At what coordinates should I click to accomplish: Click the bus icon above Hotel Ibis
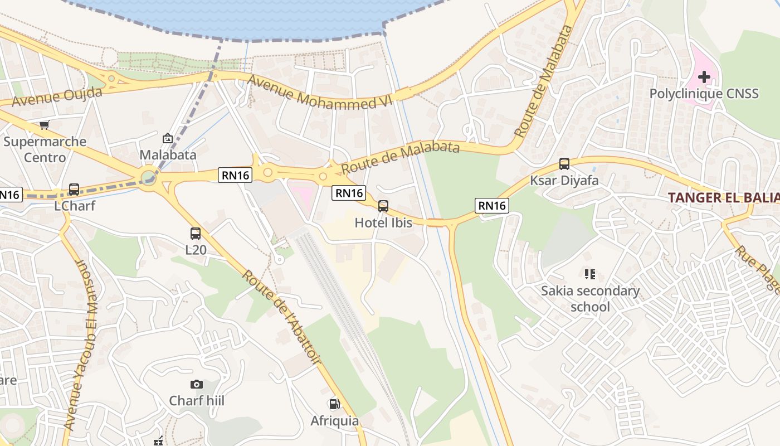click(383, 206)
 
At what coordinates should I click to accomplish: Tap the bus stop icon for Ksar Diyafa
click(564, 164)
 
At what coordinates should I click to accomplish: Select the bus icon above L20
click(196, 234)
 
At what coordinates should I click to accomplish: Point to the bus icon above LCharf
click(74, 190)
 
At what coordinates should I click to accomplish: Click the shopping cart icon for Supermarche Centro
click(45, 125)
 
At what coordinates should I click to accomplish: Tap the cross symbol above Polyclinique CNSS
click(704, 76)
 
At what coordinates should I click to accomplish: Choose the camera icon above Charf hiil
click(196, 384)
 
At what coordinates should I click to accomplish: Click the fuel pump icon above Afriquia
click(334, 404)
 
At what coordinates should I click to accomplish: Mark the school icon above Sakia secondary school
click(590, 274)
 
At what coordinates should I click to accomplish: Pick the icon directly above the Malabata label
click(168, 138)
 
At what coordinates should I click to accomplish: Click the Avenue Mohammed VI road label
click(320, 93)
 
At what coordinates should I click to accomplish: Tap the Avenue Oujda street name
click(57, 98)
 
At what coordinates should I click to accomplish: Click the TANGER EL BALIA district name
click(723, 197)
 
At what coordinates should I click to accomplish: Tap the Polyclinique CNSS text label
click(704, 93)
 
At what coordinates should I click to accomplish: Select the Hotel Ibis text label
click(383, 223)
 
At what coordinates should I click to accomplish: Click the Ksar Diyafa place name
click(564, 181)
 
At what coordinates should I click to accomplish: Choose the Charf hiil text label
click(197, 401)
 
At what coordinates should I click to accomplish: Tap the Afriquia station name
click(334, 420)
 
